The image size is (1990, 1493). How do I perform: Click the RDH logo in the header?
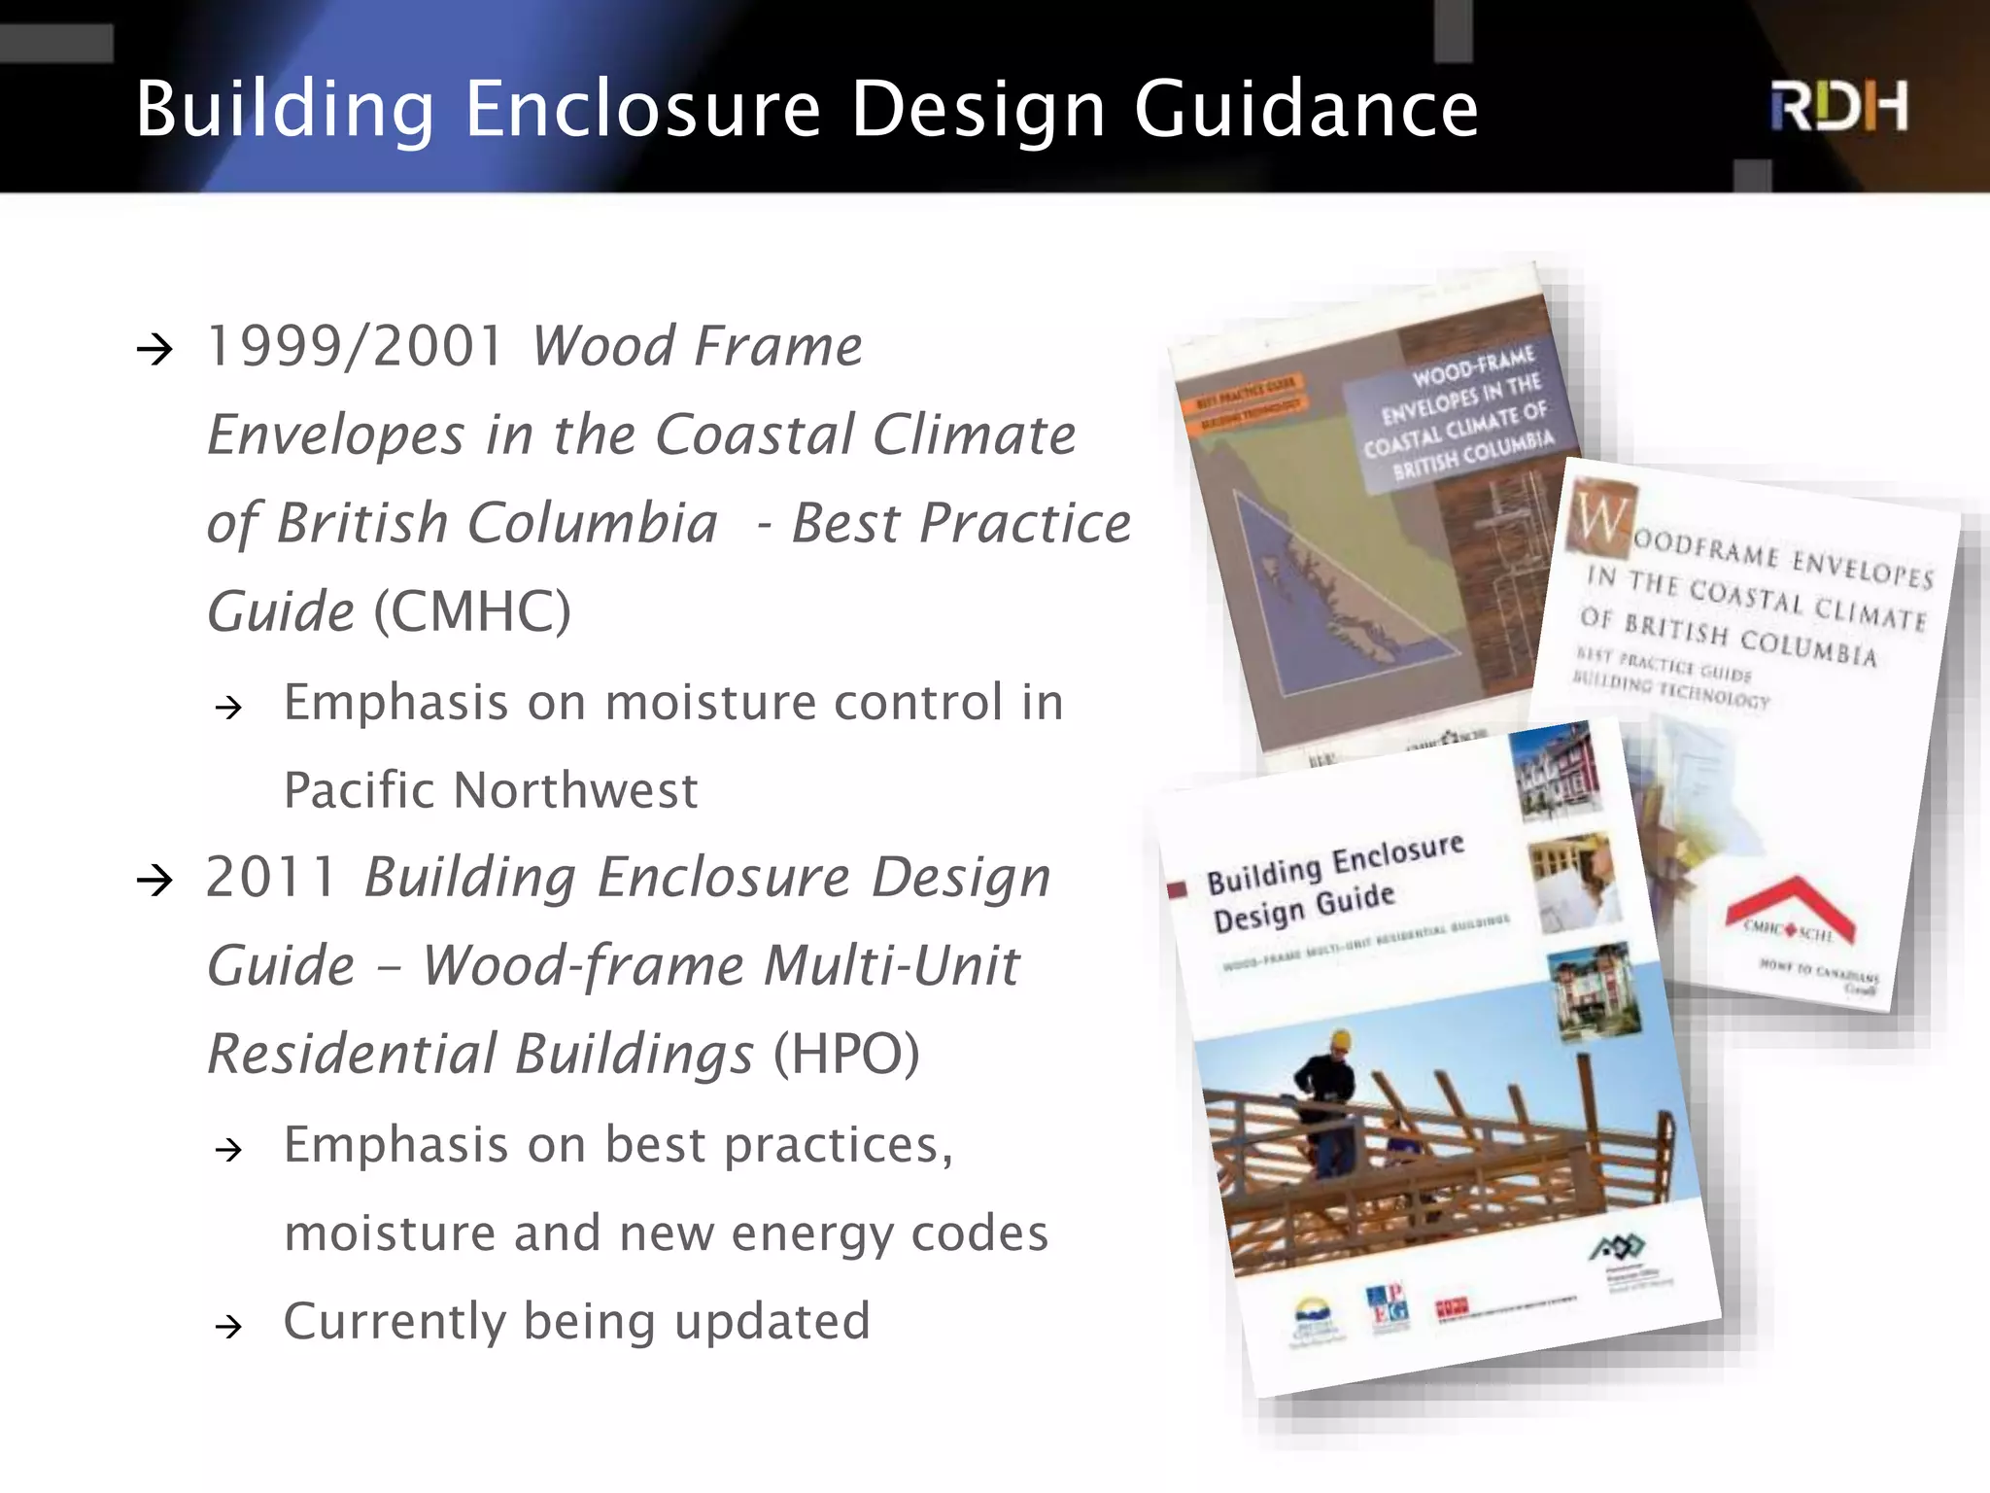pos(1838,107)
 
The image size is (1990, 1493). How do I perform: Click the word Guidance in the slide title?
pos(1306,109)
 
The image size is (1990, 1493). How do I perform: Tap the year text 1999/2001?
pos(356,346)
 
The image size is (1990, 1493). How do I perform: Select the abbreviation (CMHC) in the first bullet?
pos(472,611)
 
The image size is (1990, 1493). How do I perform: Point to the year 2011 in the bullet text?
pos(271,877)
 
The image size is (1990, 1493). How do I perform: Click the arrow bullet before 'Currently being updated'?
pos(229,1325)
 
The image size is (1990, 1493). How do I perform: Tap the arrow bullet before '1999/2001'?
pos(155,348)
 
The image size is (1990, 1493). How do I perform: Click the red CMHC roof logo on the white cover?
pos(1790,910)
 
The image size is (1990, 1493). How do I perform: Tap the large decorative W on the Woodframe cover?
pos(1599,515)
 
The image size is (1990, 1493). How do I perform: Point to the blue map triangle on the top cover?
pos(1331,603)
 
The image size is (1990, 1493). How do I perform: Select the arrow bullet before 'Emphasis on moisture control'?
pos(229,707)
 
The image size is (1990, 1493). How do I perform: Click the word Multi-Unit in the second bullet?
pos(891,965)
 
